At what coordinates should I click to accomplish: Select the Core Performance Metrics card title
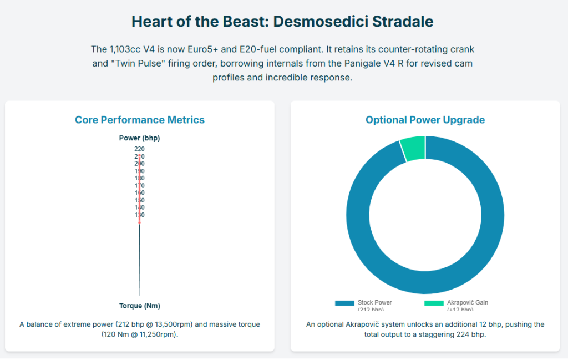(x=140, y=120)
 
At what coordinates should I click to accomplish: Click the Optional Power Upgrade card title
(x=425, y=120)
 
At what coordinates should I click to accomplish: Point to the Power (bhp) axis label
(x=139, y=138)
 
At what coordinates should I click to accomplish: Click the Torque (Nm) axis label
(x=139, y=306)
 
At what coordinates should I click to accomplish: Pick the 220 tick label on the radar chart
(x=139, y=149)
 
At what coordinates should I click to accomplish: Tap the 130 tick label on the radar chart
(x=139, y=215)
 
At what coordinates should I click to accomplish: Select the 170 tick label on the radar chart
(x=139, y=185)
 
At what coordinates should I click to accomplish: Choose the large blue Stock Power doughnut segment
(x=425, y=282)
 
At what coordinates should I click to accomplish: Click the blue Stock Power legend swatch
(x=344, y=303)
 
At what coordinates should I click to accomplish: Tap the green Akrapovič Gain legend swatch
(x=434, y=303)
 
